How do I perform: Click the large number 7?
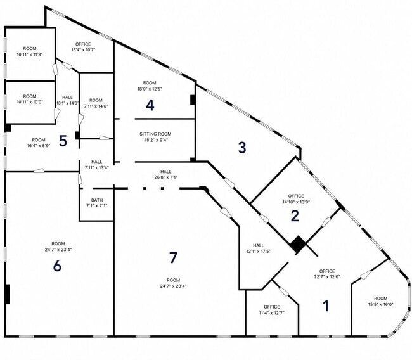tap(173, 257)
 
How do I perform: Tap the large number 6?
tap(57, 266)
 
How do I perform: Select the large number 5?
tap(63, 141)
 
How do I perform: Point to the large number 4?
tap(150, 105)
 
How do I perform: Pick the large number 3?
tap(242, 147)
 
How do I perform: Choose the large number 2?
tap(295, 215)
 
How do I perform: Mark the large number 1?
tap(326, 306)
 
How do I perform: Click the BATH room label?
tap(97, 200)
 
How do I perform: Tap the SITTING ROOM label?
tap(155, 134)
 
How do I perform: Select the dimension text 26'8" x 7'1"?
tap(166, 177)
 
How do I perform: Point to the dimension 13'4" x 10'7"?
tap(83, 49)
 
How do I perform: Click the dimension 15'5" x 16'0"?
tap(381, 305)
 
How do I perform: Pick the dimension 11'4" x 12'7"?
tap(272, 313)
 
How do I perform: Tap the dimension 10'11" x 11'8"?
tap(30, 55)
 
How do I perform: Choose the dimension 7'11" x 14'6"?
tap(96, 106)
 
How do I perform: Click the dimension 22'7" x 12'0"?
tap(327, 276)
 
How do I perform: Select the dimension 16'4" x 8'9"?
tap(39, 145)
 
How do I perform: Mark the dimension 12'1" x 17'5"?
tap(259, 251)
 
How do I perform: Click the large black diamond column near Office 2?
tap(298, 244)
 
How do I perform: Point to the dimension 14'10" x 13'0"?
tap(296, 202)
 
